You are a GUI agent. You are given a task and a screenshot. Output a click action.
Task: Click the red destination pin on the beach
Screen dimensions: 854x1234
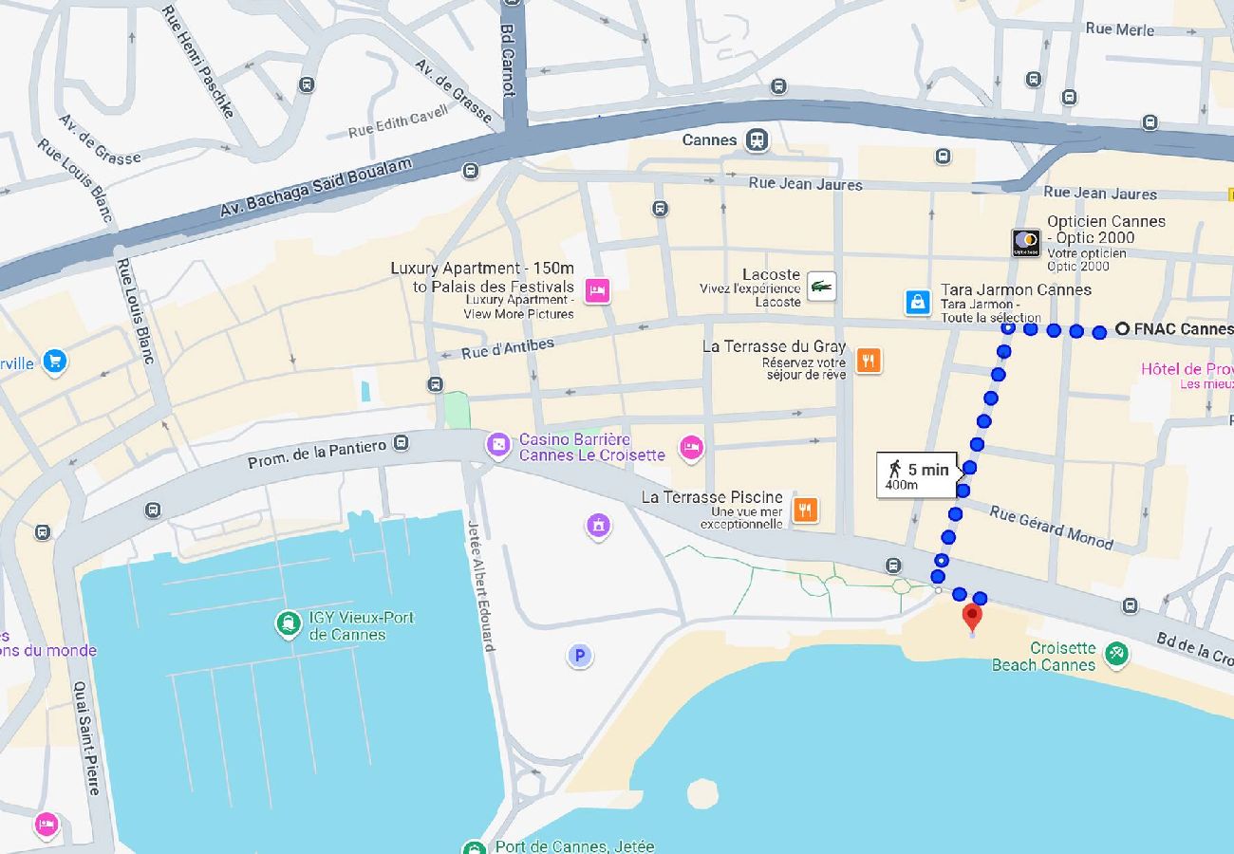pos(971,617)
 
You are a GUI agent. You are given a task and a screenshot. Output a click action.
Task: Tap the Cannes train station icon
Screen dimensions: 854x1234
pos(757,139)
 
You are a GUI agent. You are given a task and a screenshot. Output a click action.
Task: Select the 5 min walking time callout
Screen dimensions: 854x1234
pos(917,475)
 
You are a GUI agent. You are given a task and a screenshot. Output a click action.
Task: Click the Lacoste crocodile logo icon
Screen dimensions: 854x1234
pos(821,286)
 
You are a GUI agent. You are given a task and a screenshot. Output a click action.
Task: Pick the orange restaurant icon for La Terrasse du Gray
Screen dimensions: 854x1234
pos(868,360)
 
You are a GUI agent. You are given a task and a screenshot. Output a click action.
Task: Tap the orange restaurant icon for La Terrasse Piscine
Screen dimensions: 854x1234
pos(805,510)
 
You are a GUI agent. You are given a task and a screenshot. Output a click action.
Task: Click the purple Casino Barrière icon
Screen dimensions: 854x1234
pos(497,444)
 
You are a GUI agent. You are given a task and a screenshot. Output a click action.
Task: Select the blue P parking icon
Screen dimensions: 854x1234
pos(580,655)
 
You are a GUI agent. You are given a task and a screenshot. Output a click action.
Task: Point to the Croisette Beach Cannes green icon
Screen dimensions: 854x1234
pos(1116,653)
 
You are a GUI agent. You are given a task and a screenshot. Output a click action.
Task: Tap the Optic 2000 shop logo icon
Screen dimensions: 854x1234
pos(1025,243)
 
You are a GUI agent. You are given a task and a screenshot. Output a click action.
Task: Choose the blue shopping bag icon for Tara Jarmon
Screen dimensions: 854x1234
pos(917,302)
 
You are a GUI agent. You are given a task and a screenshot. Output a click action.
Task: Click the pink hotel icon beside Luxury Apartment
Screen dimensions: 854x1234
pos(596,290)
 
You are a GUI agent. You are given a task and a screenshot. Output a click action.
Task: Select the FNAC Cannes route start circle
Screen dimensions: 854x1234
pos(1122,329)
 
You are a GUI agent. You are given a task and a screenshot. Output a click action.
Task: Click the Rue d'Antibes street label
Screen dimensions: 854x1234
pos(508,349)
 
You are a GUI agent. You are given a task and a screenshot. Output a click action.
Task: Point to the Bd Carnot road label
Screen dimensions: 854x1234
pos(509,59)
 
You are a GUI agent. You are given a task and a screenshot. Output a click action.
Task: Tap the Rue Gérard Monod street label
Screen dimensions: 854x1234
pos(1051,527)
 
